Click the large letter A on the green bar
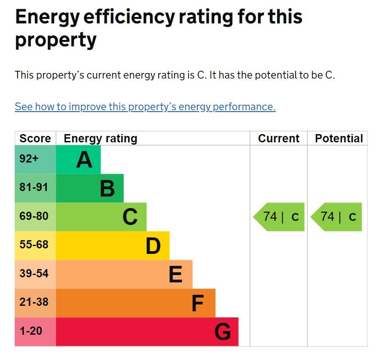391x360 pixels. [84, 160]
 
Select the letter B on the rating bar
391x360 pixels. [107, 188]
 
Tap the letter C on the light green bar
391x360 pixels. [130, 217]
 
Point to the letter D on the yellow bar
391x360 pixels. [153, 246]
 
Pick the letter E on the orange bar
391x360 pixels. [176, 275]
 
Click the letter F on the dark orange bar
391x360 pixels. [197, 303]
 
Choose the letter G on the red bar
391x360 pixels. [223, 332]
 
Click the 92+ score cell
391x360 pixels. [29, 159]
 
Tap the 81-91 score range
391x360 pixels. [34, 188]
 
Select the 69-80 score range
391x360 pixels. [34, 216]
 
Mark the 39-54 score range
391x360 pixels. [34, 274]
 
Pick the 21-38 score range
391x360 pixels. [34, 303]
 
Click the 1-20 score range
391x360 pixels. [31, 331]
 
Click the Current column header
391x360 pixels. [279, 139]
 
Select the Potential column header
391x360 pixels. [339, 139]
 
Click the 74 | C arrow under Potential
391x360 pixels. [337, 217]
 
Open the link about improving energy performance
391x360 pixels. [145, 107]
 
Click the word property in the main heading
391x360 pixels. [56, 40]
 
